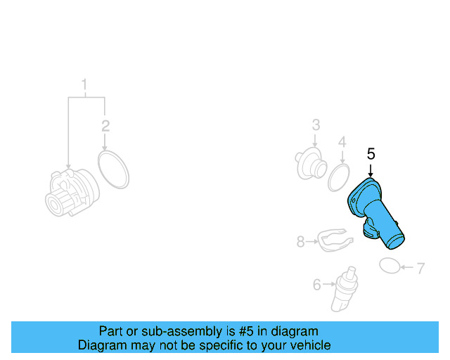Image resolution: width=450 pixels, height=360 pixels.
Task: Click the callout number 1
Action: tap(85, 87)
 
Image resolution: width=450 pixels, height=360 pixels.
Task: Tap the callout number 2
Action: tap(105, 127)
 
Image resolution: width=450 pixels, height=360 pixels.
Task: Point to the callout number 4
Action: tap(342, 143)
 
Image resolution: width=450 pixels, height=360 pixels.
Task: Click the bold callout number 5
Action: tap(371, 154)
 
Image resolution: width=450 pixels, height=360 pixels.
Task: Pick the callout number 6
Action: tap(316, 285)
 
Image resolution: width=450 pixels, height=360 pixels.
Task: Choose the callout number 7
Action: tap(420, 268)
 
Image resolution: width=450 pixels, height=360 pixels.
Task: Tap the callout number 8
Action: tap(300, 242)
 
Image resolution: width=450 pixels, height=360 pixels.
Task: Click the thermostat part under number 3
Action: tap(310, 164)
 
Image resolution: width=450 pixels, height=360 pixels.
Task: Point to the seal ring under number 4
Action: tap(340, 178)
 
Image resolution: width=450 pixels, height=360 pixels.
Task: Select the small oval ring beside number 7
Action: tap(390, 265)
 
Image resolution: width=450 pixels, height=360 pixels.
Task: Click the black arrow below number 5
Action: tap(371, 169)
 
